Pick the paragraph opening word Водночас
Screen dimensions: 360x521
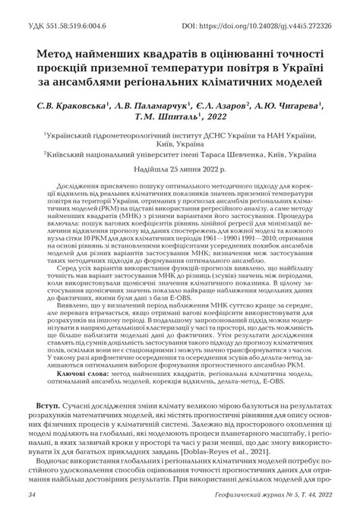[x=58, y=482]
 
